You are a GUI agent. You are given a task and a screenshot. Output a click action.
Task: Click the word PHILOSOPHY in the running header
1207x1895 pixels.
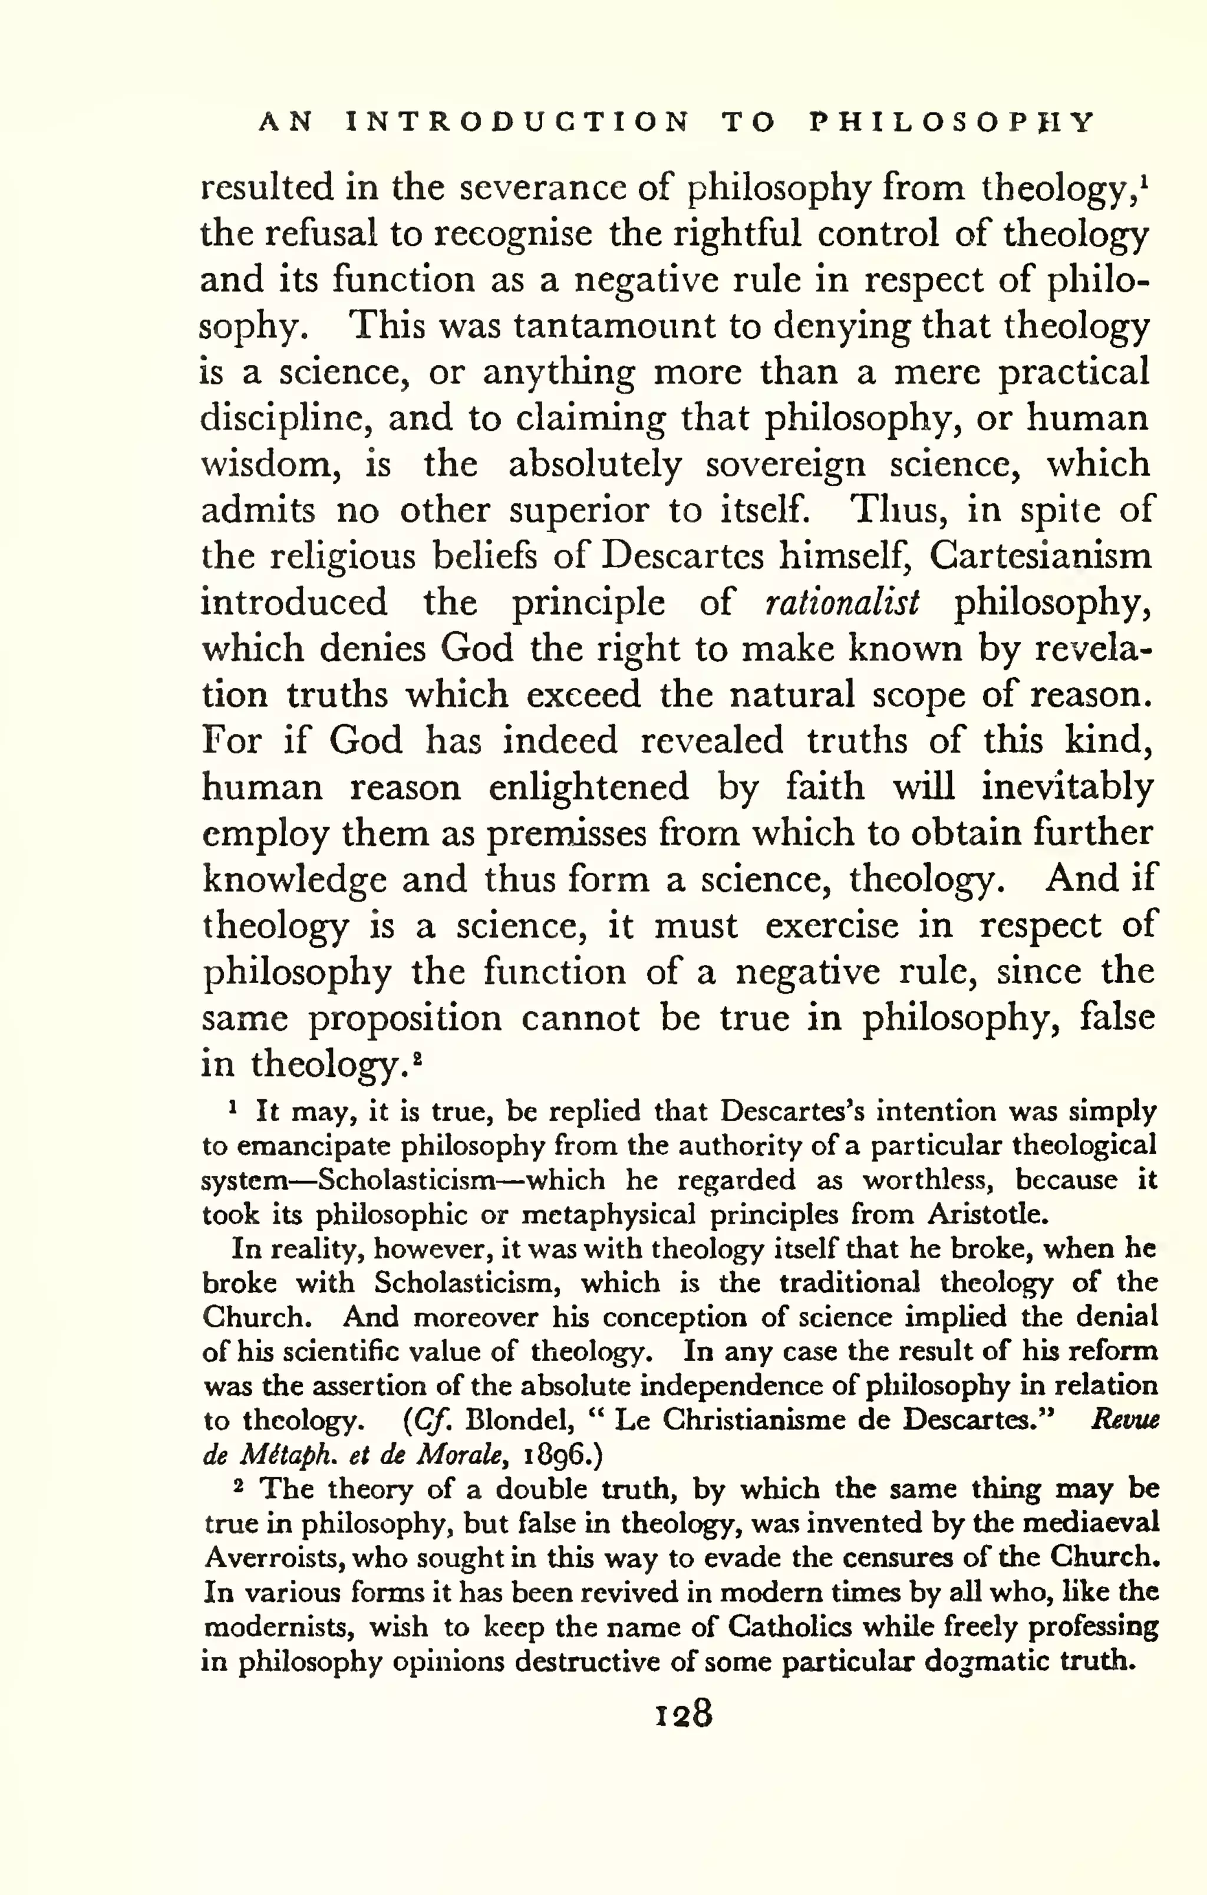pyautogui.click(x=951, y=123)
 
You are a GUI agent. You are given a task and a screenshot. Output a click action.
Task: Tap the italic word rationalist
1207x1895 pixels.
pyautogui.click(x=841, y=603)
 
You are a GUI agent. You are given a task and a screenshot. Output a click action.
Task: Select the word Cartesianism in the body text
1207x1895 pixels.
pyautogui.click(x=1040, y=556)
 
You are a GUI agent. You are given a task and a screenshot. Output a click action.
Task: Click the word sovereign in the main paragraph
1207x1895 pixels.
pyautogui.click(x=784, y=464)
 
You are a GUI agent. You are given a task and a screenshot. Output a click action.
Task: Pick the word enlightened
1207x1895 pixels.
pyautogui.click(x=588, y=787)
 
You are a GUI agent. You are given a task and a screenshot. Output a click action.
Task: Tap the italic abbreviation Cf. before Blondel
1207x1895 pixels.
pyautogui.click(x=430, y=1420)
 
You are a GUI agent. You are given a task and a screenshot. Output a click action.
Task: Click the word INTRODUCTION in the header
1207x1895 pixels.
pyautogui.click(x=517, y=123)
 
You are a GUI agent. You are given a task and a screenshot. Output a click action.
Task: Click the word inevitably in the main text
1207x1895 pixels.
pyautogui.click(x=1066, y=787)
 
